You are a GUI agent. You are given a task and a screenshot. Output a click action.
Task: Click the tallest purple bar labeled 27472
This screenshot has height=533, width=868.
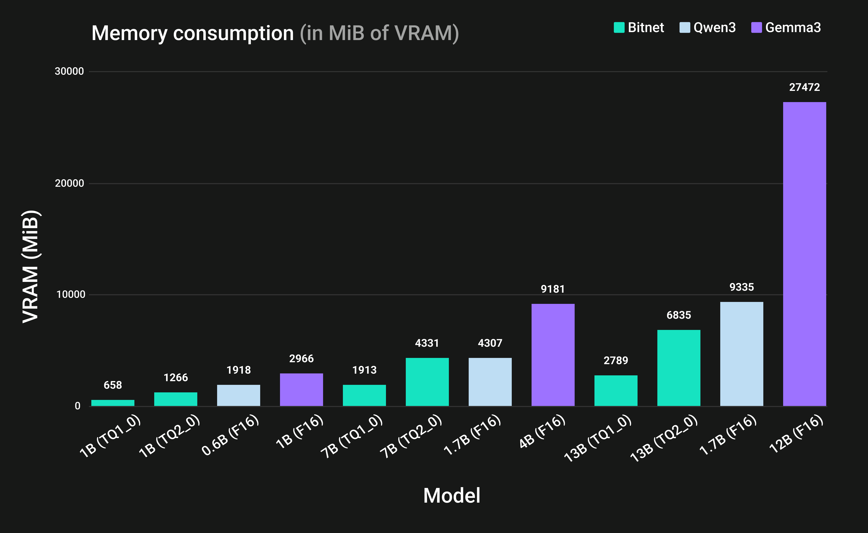click(804, 254)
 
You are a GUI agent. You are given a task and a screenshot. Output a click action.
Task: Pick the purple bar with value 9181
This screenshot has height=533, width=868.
click(553, 355)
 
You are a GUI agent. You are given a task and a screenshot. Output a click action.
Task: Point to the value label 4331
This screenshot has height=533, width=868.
click(427, 343)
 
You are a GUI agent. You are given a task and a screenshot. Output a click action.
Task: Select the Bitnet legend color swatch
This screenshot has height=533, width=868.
click(619, 28)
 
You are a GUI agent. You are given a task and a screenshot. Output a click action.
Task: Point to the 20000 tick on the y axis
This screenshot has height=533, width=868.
click(69, 183)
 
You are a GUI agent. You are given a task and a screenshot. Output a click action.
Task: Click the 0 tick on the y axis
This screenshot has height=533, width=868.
click(78, 406)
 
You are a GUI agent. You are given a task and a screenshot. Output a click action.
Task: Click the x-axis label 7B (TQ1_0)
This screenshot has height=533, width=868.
click(352, 436)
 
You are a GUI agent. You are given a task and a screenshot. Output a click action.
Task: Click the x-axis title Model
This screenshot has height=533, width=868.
click(452, 495)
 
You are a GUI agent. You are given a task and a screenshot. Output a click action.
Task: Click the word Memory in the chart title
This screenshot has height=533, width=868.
click(129, 34)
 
